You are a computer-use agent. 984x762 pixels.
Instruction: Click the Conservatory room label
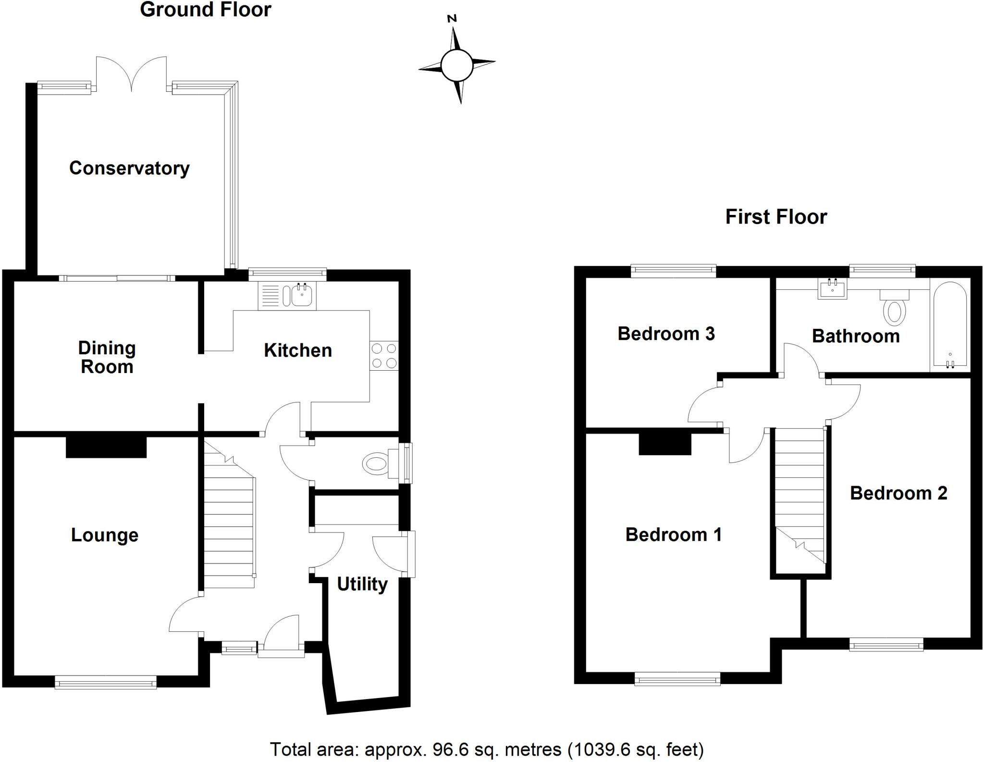(129, 168)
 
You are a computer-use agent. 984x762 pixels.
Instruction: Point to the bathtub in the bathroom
(949, 325)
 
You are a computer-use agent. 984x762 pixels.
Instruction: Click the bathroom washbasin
(832, 289)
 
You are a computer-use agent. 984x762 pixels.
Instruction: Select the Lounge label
(105, 535)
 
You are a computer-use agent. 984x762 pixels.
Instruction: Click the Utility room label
(362, 584)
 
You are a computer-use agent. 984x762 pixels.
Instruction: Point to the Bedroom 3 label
(666, 334)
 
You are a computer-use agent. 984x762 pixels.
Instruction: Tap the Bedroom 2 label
(898, 493)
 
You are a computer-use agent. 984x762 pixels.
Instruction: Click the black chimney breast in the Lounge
(106, 447)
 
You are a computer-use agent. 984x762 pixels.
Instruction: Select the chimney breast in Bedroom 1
(664, 444)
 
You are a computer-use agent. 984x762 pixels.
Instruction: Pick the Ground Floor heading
(206, 10)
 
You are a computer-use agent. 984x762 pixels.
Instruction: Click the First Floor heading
(776, 217)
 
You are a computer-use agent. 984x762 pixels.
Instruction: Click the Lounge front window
(106, 682)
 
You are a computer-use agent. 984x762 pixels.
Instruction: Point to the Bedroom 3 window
(674, 271)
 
